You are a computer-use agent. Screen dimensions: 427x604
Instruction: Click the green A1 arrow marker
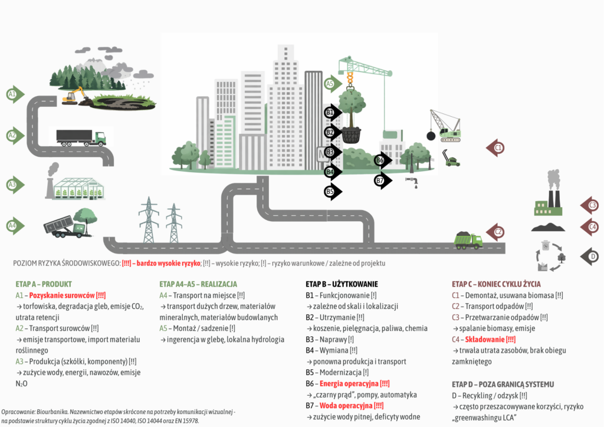[14, 94]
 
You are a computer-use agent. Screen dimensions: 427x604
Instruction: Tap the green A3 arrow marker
[14, 185]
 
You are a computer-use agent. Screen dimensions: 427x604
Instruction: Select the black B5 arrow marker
[332, 191]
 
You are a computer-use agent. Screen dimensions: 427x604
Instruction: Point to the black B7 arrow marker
[382, 179]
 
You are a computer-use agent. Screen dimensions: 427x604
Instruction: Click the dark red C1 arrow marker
[495, 147]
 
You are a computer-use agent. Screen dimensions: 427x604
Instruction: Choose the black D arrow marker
[590, 257]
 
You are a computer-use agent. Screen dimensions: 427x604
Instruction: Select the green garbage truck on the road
[468, 240]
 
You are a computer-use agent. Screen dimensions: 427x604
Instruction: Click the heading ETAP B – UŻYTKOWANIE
[342, 284]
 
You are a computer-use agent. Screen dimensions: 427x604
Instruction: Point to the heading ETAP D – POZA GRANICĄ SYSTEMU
[503, 385]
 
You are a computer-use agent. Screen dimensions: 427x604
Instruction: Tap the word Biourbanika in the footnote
[55, 410]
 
